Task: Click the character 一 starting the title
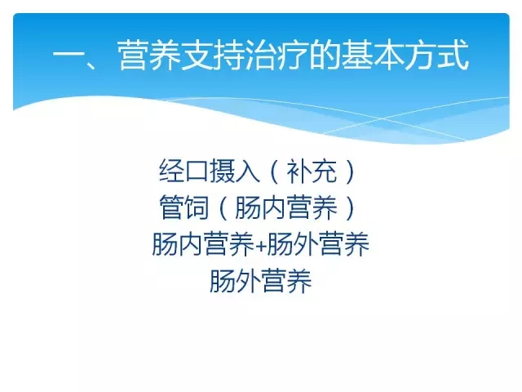[69, 55]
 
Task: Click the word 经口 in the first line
[184, 171]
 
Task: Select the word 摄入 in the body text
[234, 171]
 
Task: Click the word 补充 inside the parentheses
[312, 171]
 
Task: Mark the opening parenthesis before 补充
[274, 171]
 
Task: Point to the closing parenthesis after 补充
[350, 171]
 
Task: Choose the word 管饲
[184, 207]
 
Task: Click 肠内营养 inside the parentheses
[286, 207]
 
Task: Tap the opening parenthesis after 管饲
[223, 208]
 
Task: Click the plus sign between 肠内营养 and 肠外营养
[261, 246]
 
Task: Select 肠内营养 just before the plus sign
[203, 244]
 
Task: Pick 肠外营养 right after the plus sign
[318, 244]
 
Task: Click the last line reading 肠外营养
[261, 281]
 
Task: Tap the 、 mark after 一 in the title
[91, 65]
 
